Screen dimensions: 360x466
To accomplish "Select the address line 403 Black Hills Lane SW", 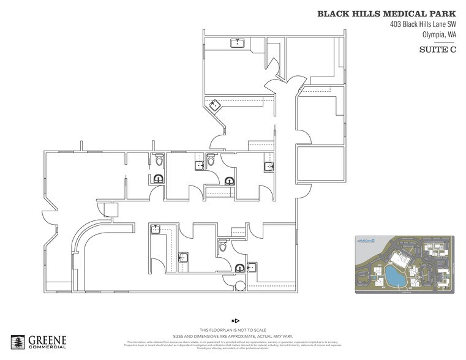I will click(x=423, y=24).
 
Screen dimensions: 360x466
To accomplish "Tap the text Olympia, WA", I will click(x=440, y=35).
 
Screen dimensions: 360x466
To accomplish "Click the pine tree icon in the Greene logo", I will click(x=18, y=342).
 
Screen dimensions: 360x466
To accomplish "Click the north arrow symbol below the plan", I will click(x=236, y=320).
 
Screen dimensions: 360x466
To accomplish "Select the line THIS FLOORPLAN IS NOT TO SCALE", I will click(x=236, y=329).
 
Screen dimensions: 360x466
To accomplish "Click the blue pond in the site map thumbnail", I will click(x=393, y=276).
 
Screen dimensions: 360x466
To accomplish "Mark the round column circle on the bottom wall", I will click(x=241, y=286).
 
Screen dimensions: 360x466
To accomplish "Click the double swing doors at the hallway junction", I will click(x=284, y=83).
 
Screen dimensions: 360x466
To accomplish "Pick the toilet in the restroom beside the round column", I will click(x=223, y=246).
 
